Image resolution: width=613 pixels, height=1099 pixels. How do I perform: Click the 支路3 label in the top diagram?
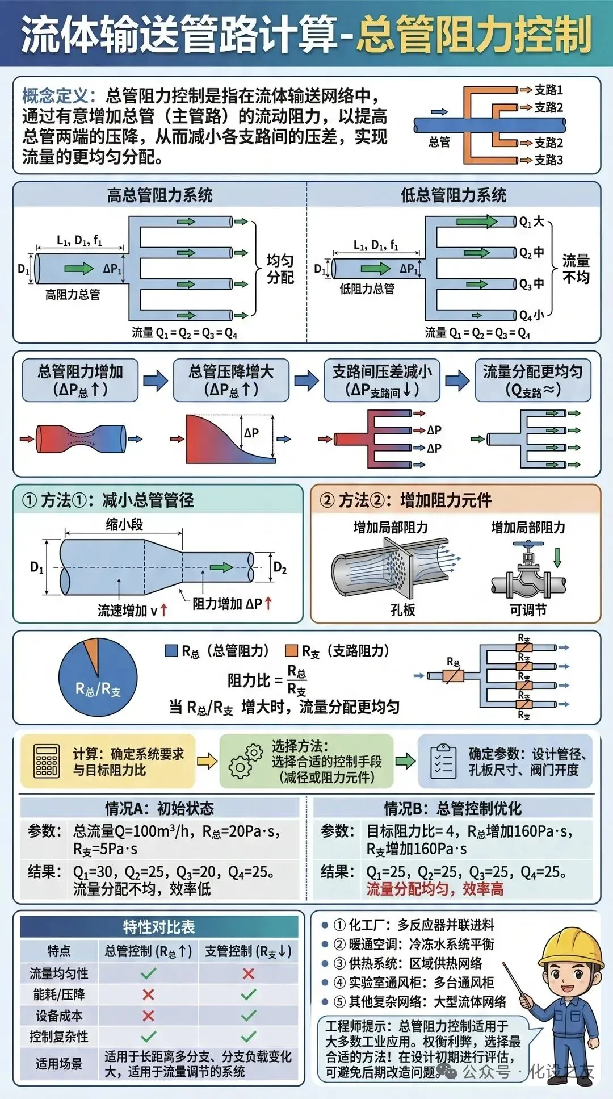pos(548,160)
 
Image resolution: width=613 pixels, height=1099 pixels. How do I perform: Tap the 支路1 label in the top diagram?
pos(548,90)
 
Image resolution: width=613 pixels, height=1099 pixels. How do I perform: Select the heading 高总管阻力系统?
pos(159,195)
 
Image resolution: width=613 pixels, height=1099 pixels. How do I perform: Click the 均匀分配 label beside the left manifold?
pos(280,269)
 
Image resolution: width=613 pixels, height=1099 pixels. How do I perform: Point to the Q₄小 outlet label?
pos(532,315)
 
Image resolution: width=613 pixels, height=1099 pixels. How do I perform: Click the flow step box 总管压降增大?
pos(231,380)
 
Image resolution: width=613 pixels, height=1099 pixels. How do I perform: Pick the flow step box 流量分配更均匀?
pos(532,380)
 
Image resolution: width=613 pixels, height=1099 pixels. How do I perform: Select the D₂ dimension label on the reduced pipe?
pos(280,567)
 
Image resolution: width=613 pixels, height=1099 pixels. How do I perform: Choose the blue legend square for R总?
pos(171,651)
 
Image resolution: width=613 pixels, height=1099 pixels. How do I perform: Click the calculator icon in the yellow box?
pos(47,761)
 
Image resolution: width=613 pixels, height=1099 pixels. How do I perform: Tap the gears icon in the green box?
pos(245,761)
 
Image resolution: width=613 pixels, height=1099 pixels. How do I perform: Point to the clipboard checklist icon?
pos(443,761)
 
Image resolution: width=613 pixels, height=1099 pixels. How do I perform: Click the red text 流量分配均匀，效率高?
pos(435,889)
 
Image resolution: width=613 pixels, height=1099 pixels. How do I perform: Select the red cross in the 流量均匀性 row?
pos(248,973)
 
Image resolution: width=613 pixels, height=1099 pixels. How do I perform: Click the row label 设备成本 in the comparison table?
pos(59,1016)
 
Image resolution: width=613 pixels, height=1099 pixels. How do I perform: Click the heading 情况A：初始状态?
pos(159,808)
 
